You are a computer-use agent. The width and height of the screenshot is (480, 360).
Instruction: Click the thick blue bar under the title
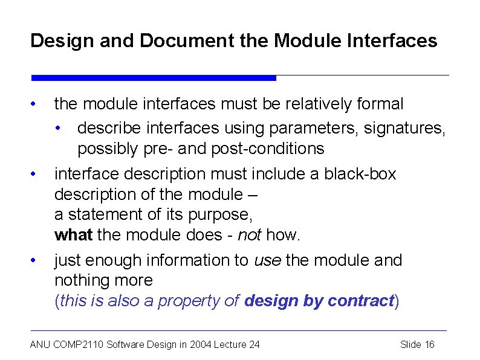(x=154, y=78)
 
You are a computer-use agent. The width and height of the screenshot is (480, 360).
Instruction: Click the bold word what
(x=73, y=234)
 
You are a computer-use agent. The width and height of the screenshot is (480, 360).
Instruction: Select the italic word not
(x=250, y=234)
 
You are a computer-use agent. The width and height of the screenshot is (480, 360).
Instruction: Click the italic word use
(x=267, y=260)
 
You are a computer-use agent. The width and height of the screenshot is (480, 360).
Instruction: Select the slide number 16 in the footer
(x=429, y=344)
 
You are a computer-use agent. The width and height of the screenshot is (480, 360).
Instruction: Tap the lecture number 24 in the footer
(x=254, y=344)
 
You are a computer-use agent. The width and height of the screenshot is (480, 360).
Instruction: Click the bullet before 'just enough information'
(x=36, y=260)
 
